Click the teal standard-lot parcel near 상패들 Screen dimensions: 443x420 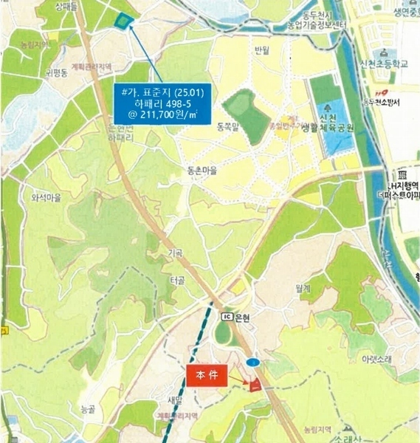[123, 21]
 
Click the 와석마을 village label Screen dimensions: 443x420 [45, 198]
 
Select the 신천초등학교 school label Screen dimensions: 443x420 [385, 64]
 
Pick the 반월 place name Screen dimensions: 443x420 [262, 50]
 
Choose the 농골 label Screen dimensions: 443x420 [88, 408]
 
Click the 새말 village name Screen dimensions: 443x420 [175, 399]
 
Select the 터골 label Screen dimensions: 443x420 [177, 281]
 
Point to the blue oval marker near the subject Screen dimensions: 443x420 [253, 363]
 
